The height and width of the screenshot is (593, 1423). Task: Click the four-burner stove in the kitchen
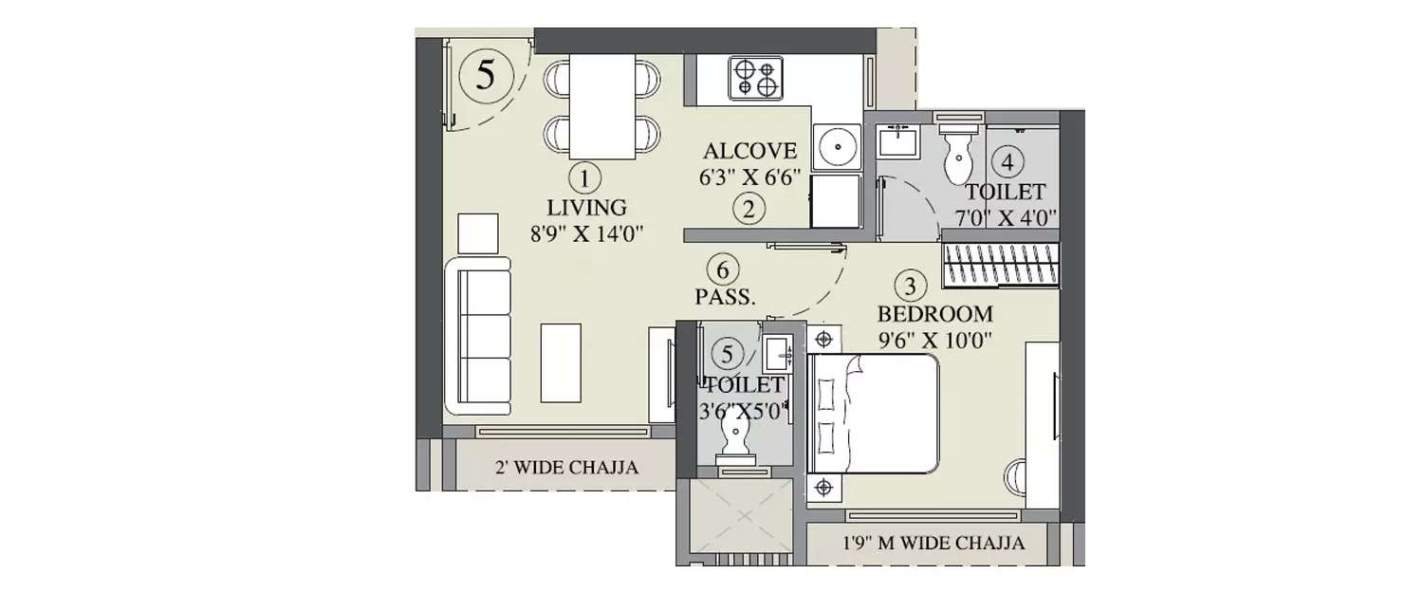755,77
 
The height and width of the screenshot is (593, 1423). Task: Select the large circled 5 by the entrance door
485,75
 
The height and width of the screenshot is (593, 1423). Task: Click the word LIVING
586,207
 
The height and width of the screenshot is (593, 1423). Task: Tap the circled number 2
748,210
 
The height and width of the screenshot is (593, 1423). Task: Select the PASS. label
726,297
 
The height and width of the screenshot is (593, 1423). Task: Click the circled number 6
726,269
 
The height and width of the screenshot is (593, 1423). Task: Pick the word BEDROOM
934,314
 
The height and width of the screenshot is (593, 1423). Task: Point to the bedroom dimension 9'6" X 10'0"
934,340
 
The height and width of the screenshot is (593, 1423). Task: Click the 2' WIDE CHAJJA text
565,467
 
